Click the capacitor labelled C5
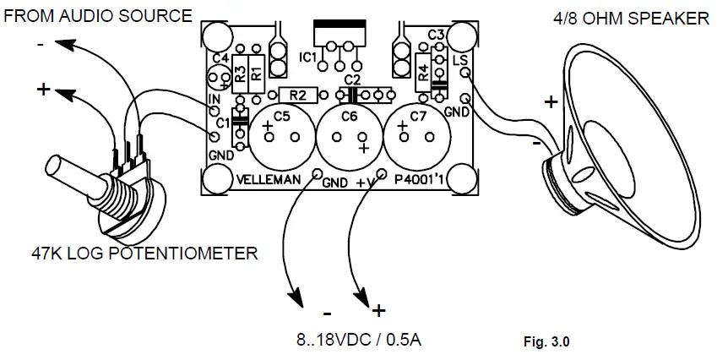(281, 133)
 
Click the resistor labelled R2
(297, 95)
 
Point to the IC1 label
(308, 57)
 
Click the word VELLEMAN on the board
(269, 180)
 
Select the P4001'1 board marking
(419, 180)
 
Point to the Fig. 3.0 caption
(547, 343)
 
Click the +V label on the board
(366, 180)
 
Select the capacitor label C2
(351, 79)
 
